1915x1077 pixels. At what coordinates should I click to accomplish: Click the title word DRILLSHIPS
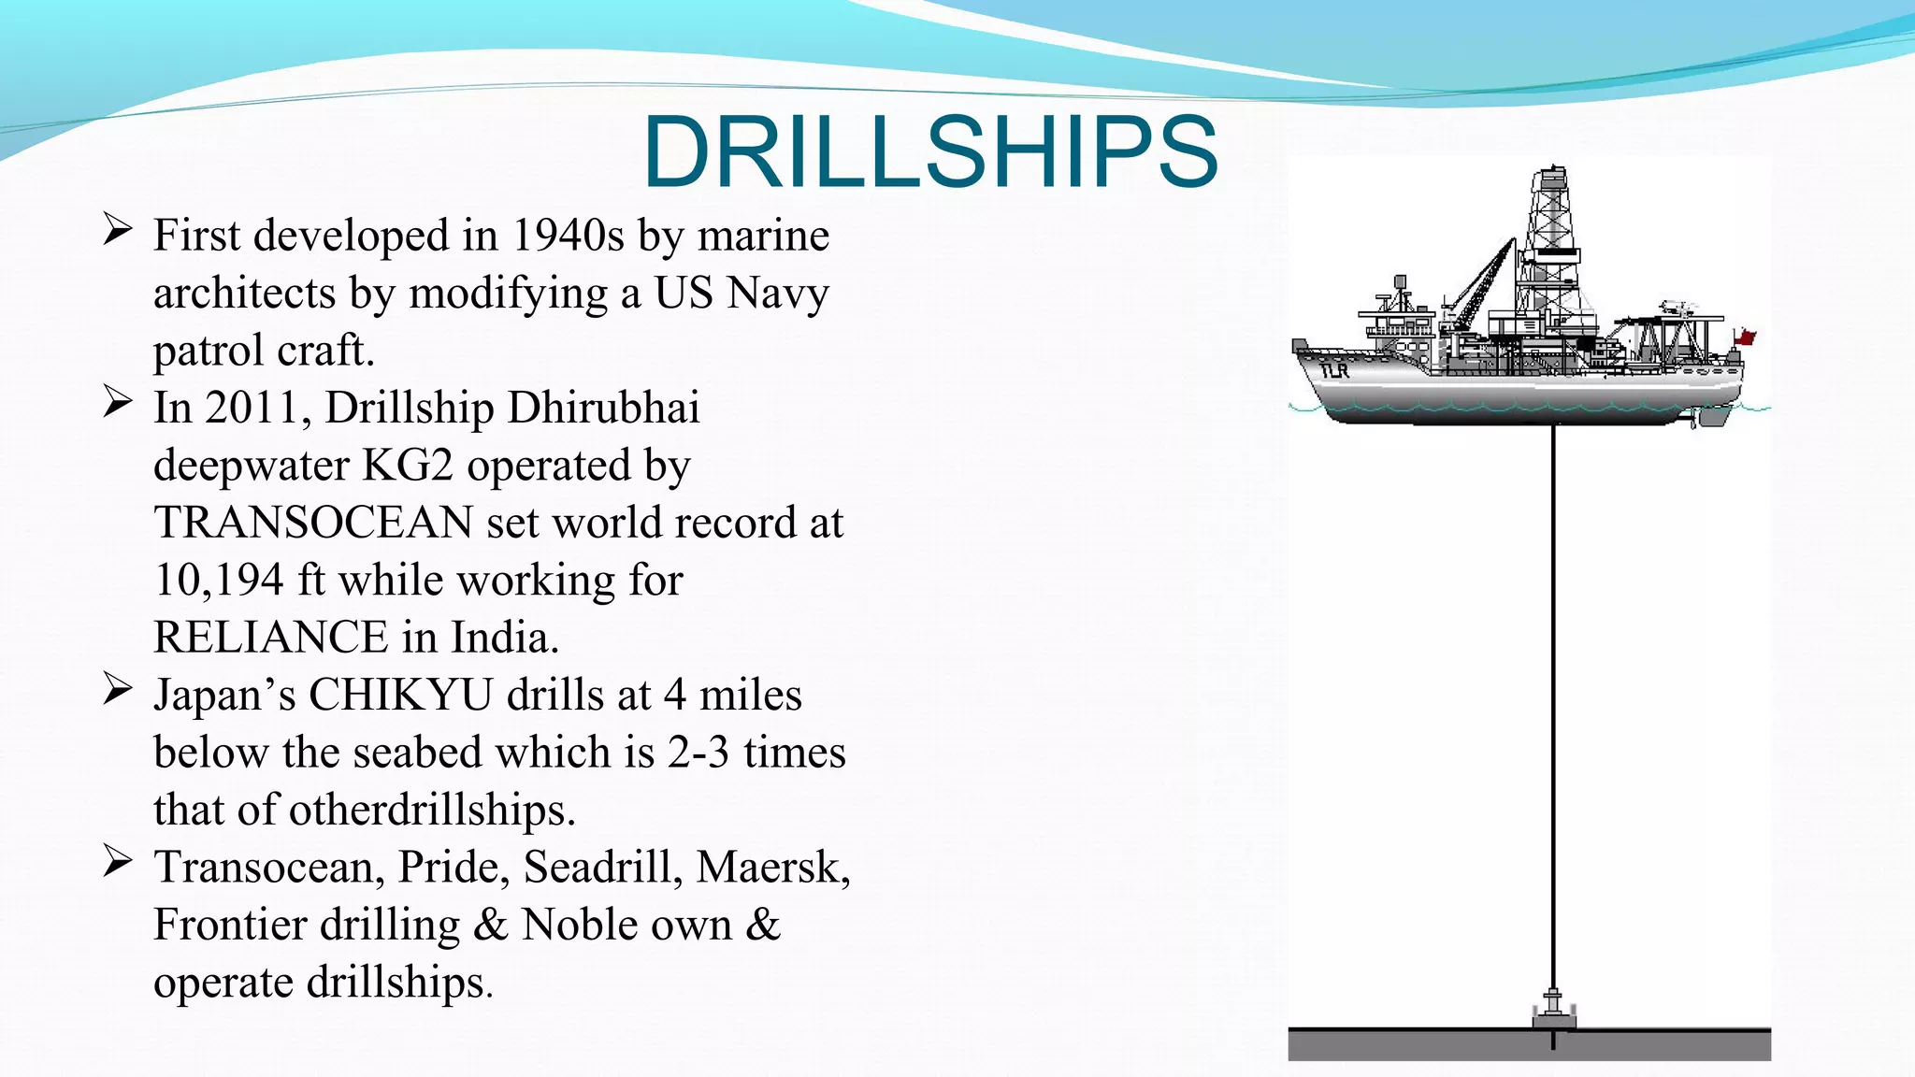[930, 151]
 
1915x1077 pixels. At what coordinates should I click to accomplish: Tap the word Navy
[778, 293]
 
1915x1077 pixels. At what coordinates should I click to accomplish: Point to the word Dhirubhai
[605, 408]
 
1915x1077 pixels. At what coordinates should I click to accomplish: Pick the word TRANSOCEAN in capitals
[313, 523]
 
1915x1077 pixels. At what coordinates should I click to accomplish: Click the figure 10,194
[218, 581]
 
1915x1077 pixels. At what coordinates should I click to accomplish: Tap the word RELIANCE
[270, 638]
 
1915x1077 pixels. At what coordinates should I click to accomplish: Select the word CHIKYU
[400, 696]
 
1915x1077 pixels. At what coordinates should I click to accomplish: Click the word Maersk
[771, 868]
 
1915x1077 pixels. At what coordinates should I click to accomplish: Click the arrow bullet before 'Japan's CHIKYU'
[118, 690]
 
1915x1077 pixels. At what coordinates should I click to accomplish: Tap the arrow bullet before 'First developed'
[118, 229]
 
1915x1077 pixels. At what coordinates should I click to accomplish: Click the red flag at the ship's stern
[1744, 337]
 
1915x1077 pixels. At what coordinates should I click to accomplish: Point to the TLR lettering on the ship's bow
[1334, 370]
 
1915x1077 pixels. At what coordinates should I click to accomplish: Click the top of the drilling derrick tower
[1552, 174]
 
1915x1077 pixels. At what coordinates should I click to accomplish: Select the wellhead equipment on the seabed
[1553, 1010]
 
